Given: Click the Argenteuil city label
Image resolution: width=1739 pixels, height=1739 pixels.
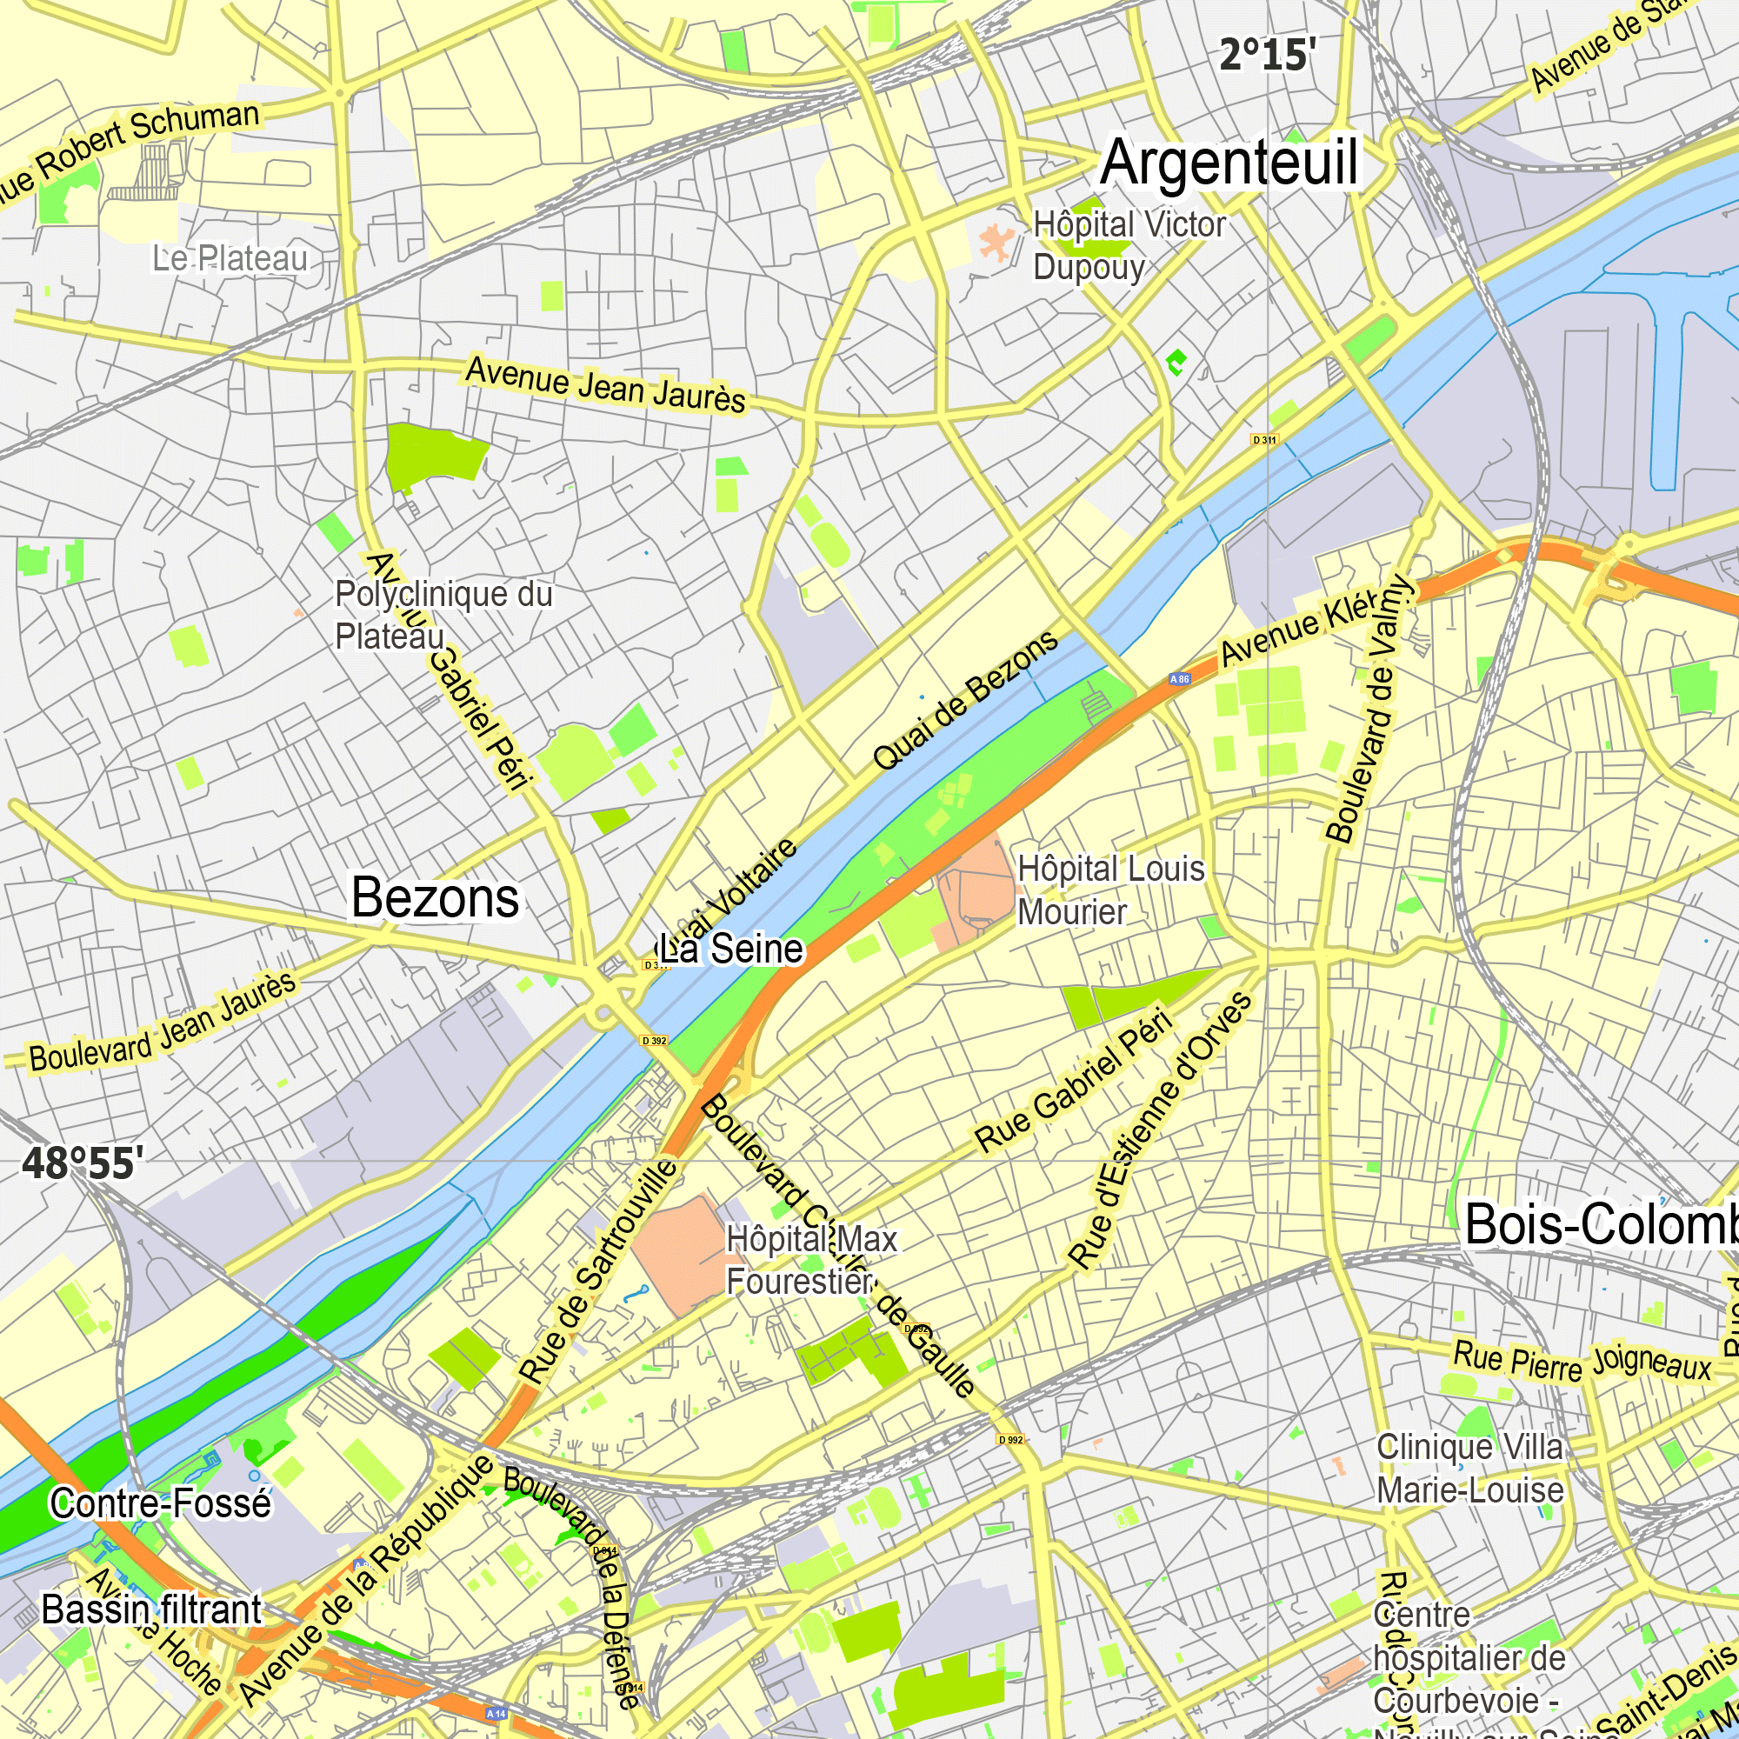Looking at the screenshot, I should click(1229, 162).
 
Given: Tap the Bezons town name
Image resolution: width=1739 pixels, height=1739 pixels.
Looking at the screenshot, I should click(435, 898).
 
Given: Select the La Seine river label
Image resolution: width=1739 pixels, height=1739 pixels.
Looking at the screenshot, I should click(731, 949).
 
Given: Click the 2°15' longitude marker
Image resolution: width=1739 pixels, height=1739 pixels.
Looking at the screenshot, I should click(1268, 56).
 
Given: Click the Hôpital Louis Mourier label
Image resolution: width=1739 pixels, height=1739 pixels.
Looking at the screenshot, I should click(1109, 890).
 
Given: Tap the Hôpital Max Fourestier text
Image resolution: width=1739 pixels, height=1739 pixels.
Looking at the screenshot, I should click(811, 1260).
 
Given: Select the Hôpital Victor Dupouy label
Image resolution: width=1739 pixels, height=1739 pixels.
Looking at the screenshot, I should click(1129, 245).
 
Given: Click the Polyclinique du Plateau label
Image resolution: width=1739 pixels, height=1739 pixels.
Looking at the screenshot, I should click(443, 615).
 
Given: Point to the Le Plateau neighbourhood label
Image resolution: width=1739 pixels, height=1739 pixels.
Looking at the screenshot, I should click(230, 258).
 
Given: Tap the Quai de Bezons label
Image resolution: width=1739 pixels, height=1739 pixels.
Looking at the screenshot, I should click(966, 699).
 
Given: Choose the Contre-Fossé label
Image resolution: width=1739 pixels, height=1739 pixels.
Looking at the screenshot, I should click(160, 1503).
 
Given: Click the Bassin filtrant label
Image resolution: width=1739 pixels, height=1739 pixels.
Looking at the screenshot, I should click(151, 1610).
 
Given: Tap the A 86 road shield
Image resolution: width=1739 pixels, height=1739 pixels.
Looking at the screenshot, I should click(1179, 680).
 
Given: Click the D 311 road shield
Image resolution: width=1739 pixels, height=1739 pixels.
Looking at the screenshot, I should click(1264, 440).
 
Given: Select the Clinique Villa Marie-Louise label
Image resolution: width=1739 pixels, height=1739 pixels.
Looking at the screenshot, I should click(1469, 1469).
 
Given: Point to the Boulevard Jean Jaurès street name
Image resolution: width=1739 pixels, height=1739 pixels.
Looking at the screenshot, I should click(163, 1023).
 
